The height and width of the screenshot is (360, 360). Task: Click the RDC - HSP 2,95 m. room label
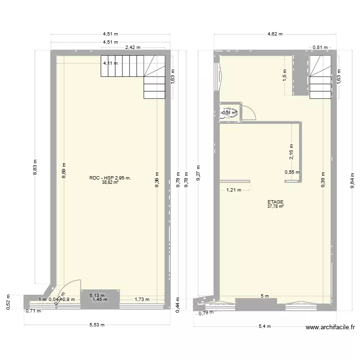tap(110, 178)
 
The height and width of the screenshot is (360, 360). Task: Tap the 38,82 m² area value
tap(110, 183)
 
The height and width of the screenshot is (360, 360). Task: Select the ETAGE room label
tap(276, 202)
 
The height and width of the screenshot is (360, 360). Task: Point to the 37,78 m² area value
tap(276, 207)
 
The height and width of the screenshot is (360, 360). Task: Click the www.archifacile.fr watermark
tap(330, 327)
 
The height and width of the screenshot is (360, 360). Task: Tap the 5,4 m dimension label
tap(264, 326)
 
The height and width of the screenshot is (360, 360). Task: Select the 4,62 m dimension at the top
tap(275, 34)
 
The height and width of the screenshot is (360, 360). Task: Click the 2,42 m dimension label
tap(132, 48)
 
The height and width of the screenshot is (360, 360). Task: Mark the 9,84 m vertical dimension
tap(352, 181)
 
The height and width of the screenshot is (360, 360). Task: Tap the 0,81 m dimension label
tap(320, 48)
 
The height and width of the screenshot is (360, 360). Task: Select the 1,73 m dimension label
tap(142, 300)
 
